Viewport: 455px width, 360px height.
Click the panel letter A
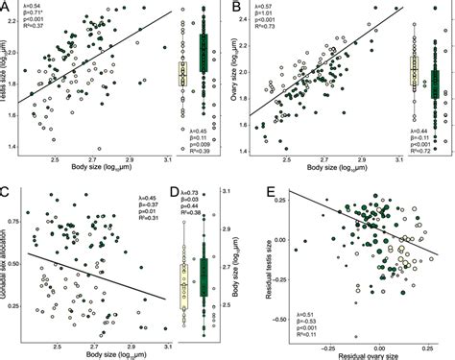[x=7, y=8]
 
